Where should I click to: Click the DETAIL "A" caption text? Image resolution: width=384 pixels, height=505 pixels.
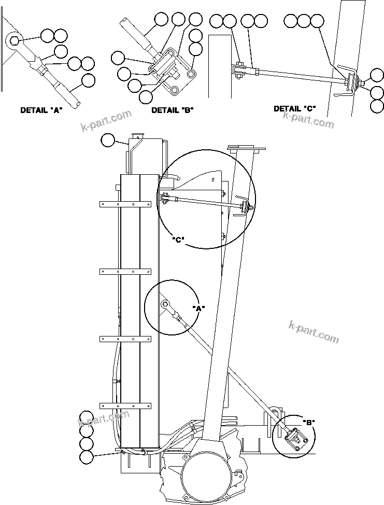point(41,110)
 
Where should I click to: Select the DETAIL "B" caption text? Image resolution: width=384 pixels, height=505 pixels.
point(172,110)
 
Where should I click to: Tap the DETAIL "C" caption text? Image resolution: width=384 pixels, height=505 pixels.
point(294,108)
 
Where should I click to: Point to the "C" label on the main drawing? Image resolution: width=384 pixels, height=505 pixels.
point(178,240)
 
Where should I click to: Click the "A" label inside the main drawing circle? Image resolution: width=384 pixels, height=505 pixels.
point(198,308)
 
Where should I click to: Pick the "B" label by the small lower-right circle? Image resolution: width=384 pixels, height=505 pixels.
point(309,422)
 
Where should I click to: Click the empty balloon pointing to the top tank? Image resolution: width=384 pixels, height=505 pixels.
point(107,140)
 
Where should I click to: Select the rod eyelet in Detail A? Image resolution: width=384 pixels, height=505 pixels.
point(14,40)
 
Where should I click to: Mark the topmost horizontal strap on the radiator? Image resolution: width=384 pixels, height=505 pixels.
point(125,204)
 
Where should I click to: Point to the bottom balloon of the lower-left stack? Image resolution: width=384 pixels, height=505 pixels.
point(86,457)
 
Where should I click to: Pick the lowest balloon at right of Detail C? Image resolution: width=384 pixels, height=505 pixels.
point(377,106)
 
